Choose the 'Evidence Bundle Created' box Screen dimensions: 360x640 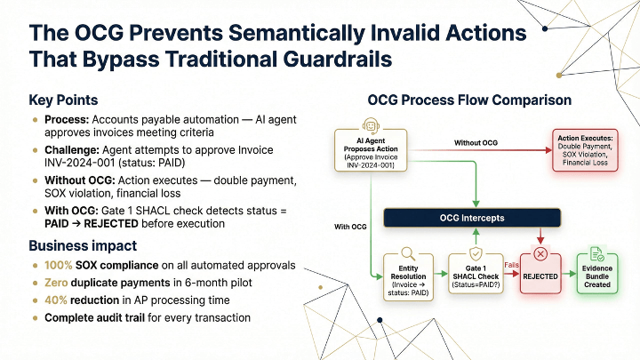coord(597,271)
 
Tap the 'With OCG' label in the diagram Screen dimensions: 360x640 coord(349,227)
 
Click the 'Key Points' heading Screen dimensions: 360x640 coord(63,100)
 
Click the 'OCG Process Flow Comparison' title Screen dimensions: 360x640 coord(469,100)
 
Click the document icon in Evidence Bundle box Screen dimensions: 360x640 coord(597,255)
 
